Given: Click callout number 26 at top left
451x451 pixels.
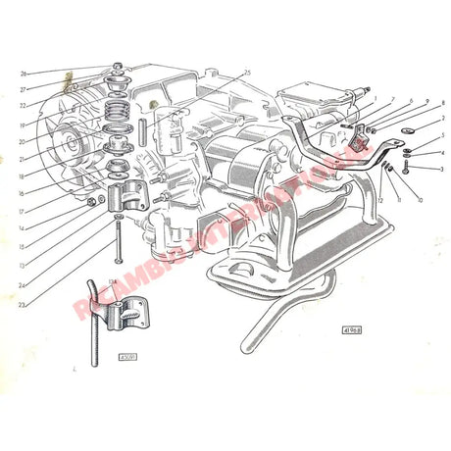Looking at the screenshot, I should click(x=23, y=74).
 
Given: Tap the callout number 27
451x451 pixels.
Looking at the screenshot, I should click(x=23, y=88).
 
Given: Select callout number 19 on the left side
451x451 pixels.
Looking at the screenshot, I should click(x=23, y=126).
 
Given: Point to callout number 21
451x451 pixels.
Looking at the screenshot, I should click(x=23, y=158).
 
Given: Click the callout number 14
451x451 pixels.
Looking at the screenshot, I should click(x=23, y=227).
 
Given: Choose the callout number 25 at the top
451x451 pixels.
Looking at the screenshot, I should click(x=248, y=73).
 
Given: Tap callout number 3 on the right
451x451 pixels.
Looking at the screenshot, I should click(x=442, y=169).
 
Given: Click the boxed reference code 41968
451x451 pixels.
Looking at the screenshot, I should click(x=350, y=329).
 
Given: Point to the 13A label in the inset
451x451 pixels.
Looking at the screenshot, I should click(x=112, y=283).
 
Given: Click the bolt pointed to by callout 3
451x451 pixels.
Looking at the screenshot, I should click(x=406, y=169).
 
